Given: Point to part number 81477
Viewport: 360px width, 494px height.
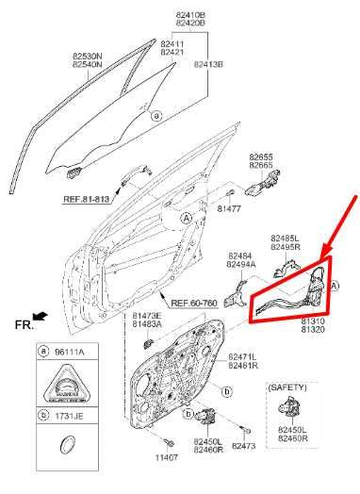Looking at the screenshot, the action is (x=231, y=207).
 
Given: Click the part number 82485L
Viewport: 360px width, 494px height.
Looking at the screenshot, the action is (x=285, y=239).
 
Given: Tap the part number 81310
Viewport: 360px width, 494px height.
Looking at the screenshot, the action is (x=313, y=321).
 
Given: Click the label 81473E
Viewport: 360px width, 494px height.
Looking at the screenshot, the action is (x=146, y=315).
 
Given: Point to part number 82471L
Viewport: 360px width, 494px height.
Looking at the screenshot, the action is (x=242, y=355).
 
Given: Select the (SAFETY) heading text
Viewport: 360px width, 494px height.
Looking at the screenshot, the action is (x=288, y=387).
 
